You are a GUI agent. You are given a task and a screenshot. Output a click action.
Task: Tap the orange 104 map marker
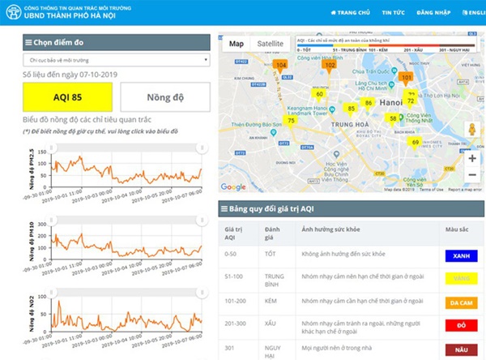coord(281,65)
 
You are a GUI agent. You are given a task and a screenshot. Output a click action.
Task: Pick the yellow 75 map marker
coord(291,121)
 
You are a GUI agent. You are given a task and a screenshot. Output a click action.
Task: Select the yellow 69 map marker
coord(415,143)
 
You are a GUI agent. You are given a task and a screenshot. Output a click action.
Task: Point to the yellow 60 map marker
coord(320,94)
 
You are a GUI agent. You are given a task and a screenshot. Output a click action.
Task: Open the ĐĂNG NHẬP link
coord(433,13)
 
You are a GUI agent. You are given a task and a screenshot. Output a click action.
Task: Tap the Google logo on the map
coord(233,187)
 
